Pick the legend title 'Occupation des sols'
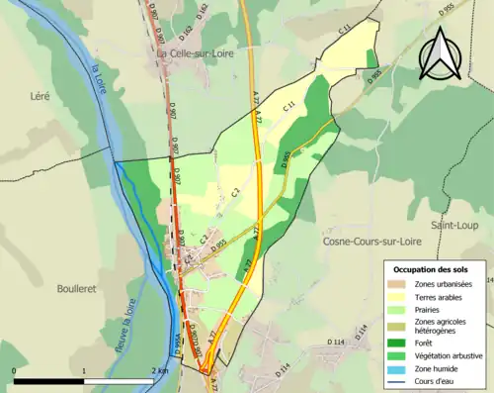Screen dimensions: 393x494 [x=430, y=269]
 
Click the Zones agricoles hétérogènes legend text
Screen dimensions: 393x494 [x=441, y=326]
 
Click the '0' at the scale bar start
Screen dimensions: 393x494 [x=15, y=372]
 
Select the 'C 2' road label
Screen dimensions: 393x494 [x=236, y=194]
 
